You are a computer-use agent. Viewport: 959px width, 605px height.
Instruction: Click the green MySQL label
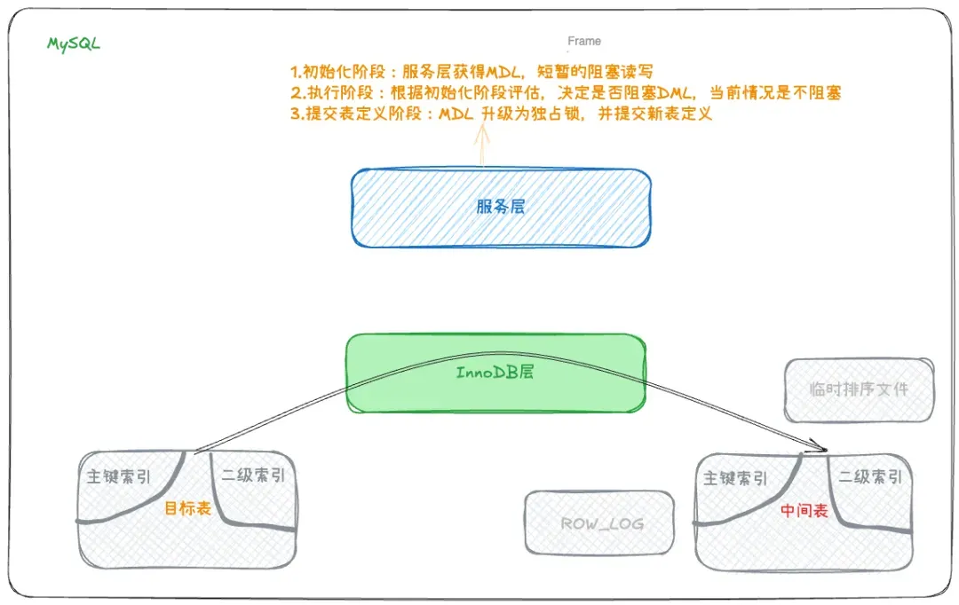click(x=74, y=44)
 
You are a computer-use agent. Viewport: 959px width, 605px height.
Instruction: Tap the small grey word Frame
click(x=584, y=41)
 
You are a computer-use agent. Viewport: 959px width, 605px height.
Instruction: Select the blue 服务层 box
click(x=501, y=208)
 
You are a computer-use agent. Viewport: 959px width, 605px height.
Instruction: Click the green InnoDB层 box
click(x=496, y=373)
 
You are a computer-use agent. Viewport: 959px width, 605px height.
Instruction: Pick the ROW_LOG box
click(x=599, y=522)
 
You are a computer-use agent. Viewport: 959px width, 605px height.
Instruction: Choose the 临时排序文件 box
click(x=860, y=390)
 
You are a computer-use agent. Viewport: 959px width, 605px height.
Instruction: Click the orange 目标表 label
click(x=187, y=507)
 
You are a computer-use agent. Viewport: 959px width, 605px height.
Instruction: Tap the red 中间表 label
click(x=804, y=510)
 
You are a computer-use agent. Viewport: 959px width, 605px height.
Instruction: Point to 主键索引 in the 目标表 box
click(x=119, y=476)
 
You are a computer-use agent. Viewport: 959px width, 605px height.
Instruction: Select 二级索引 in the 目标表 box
click(x=253, y=475)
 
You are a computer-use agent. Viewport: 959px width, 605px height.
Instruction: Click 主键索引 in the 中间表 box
click(x=735, y=478)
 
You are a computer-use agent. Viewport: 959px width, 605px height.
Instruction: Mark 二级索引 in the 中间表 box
click(x=870, y=476)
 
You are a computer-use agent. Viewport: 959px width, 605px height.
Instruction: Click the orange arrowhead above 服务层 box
click(x=482, y=131)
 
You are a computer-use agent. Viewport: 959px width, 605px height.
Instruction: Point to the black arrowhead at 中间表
click(x=820, y=445)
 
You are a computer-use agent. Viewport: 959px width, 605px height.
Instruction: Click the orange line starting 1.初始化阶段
click(x=472, y=72)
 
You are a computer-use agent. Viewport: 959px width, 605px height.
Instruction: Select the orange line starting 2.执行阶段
click(x=566, y=93)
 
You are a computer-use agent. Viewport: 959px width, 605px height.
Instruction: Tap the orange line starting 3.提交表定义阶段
click(x=501, y=114)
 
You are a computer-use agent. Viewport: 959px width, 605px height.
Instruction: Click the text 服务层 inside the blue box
click(x=501, y=207)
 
